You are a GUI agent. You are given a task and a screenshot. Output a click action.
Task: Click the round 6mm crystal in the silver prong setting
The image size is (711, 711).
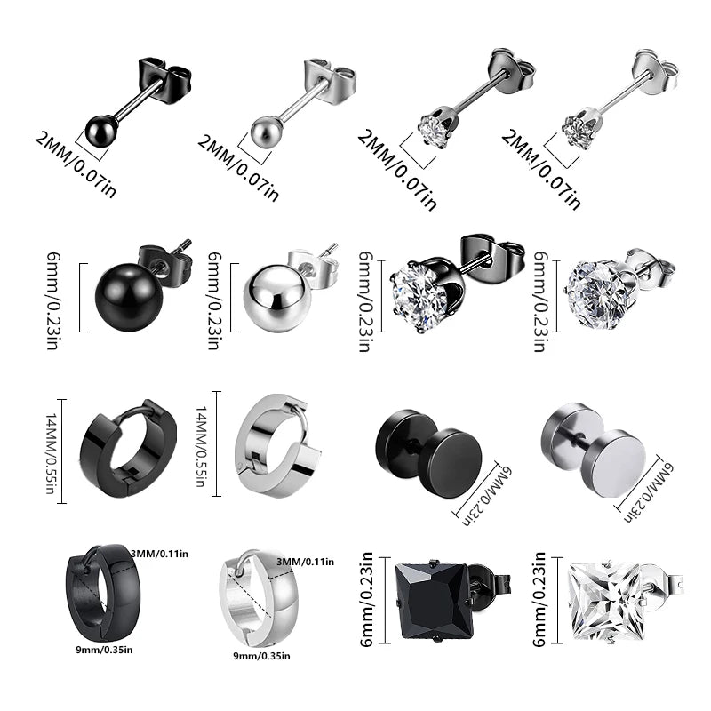[596, 286]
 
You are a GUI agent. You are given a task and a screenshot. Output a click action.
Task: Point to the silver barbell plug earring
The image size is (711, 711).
[595, 446]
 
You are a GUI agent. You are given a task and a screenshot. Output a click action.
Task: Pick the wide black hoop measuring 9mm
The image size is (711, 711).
[98, 591]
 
